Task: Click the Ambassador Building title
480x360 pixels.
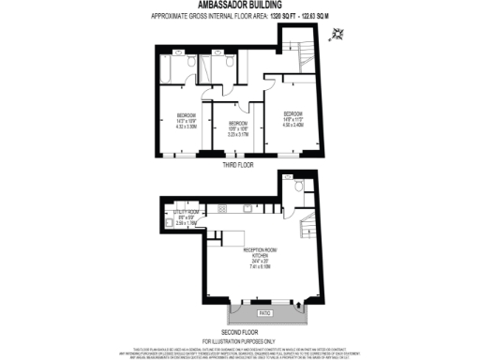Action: [239, 5]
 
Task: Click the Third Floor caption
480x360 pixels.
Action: [239, 165]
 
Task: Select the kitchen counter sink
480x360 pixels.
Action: [228, 232]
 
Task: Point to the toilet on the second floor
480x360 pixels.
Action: [297, 188]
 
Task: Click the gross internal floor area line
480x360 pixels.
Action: [239, 16]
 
